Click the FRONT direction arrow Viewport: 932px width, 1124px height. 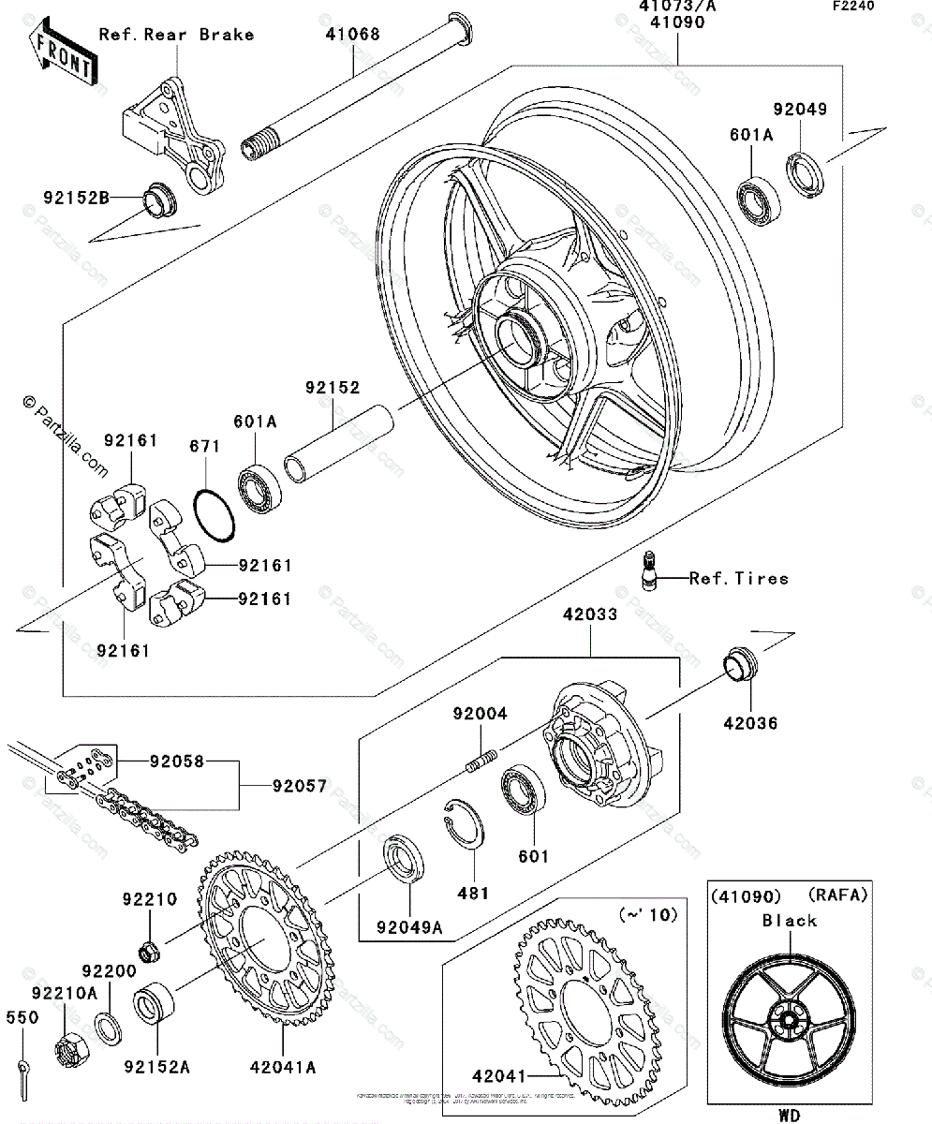click(62, 55)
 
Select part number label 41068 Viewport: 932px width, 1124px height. click(353, 36)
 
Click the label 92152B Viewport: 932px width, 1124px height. click(76, 197)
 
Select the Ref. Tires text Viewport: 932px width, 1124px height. click(738, 578)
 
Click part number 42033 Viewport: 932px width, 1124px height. click(590, 617)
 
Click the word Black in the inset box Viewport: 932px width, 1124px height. click(789, 920)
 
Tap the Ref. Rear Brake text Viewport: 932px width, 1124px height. click(176, 35)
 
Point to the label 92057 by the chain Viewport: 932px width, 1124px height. click(300, 787)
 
